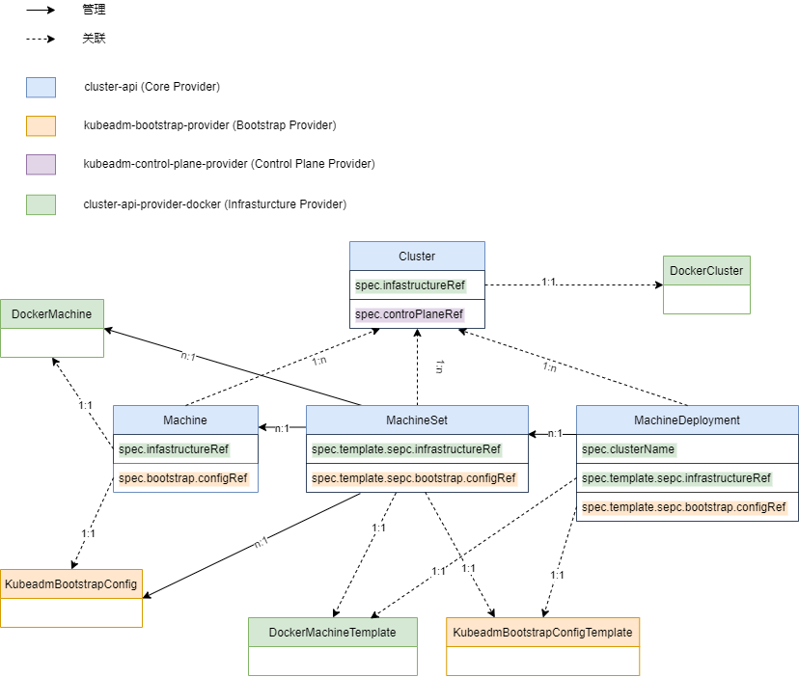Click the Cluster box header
pyautogui.click(x=417, y=256)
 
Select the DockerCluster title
pyautogui.click(x=706, y=270)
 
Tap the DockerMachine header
pyautogui.click(x=52, y=313)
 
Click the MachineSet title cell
pyautogui.click(x=417, y=420)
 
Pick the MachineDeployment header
pyautogui.click(x=687, y=420)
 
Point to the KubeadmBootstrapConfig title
pyautogui.click(x=71, y=583)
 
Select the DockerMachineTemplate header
pyautogui.click(x=333, y=633)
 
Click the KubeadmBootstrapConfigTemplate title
pyautogui.click(x=542, y=633)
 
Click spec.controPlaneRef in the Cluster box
pyautogui.click(x=409, y=314)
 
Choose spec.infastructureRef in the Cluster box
pyautogui.click(x=410, y=285)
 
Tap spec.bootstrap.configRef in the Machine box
pyautogui.click(x=183, y=478)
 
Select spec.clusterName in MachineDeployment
pyautogui.click(x=628, y=449)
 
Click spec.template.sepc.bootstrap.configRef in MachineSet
pyautogui.click(x=414, y=478)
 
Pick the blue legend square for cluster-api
pyautogui.click(x=41, y=87)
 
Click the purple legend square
pyautogui.click(x=41, y=165)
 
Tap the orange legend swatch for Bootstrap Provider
pyautogui.click(x=41, y=125)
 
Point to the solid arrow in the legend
pyautogui.click(x=41, y=10)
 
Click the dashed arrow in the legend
pyautogui.click(x=41, y=39)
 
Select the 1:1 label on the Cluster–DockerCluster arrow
pyautogui.click(x=548, y=282)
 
